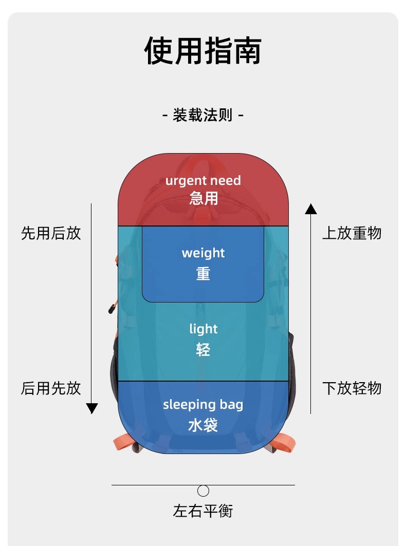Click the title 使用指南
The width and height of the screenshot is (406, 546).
[x=203, y=50]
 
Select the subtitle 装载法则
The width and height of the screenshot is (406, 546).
[x=203, y=115]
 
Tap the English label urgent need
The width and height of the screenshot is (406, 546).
[x=203, y=181]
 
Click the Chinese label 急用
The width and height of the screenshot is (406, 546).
[x=204, y=198]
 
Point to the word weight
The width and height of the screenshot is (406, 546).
[x=203, y=253]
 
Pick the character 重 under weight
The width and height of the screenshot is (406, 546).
[x=203, y=273]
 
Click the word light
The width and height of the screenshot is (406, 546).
[x=203, y=329]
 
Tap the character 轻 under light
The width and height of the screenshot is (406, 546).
[x=203, y=350]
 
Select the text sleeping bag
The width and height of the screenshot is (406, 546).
[x=203, y=405]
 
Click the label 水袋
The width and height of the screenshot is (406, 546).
[x=203, y=425]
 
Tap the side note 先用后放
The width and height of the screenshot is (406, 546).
[x=51, y=233]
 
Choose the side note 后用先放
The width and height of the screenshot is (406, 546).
[x=51, y=388]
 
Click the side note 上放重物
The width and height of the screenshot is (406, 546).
[x=352, y=233]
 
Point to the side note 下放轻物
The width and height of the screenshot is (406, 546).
[x=352, y=388]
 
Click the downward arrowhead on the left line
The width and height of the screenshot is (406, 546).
[x=92, y=409]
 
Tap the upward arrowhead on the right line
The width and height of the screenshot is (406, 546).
[x=311, y=209]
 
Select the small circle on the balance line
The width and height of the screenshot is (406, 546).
[x=204, y=491]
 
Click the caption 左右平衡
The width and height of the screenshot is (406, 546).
[x=203, y=511]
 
